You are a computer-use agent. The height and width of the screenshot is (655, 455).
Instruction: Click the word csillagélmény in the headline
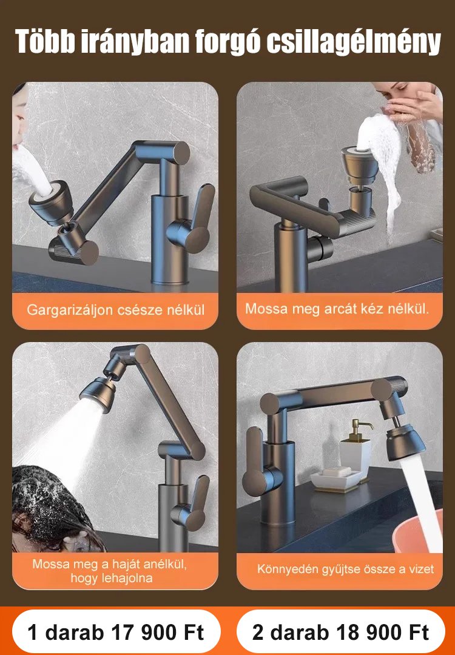(354, 42)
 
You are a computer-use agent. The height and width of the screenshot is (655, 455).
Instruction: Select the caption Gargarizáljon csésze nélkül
(116, 311)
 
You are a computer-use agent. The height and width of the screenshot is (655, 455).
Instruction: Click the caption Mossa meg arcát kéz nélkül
(337, 309)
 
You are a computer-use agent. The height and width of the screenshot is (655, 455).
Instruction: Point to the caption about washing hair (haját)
(110, 571)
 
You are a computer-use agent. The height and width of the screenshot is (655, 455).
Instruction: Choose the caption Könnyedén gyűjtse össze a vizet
(346, 569)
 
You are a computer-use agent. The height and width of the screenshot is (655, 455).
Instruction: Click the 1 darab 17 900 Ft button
(116, 632)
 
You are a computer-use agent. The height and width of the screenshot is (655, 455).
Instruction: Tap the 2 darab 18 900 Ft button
(340, 632)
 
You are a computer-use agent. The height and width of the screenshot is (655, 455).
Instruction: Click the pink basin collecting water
(419, 531)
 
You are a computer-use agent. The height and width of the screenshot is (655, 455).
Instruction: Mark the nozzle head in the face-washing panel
(359, 166)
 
